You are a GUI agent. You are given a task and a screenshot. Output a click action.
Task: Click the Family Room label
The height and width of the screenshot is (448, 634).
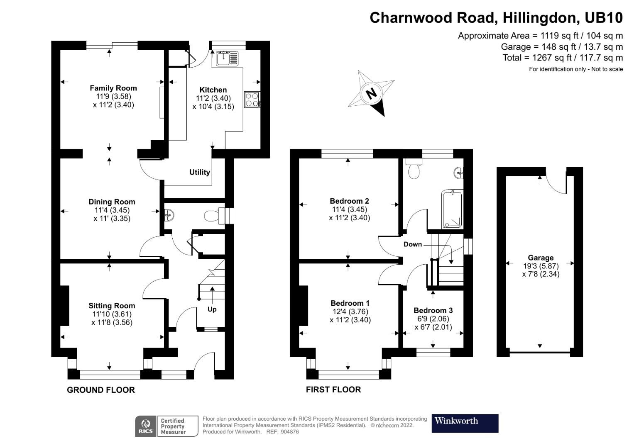(113, 88)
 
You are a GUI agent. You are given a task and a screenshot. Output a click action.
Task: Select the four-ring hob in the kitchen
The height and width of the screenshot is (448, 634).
(252, 100)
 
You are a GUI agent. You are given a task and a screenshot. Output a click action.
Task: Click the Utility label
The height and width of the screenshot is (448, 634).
(200, 172)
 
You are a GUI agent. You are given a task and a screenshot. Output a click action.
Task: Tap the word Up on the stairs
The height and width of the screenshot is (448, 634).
(212, 309)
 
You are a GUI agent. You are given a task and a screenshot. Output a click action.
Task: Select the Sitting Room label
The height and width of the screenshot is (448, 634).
(112, 306)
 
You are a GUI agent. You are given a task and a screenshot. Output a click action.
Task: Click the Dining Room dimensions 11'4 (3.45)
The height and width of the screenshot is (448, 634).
(112, 210)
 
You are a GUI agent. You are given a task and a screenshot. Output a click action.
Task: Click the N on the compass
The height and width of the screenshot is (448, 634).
(371, 93)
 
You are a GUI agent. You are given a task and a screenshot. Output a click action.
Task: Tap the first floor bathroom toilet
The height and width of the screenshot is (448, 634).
(414, 170)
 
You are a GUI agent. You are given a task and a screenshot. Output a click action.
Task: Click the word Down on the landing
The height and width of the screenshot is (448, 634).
(412, 244)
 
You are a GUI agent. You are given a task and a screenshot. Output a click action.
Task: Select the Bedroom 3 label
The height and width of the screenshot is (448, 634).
(433, 310)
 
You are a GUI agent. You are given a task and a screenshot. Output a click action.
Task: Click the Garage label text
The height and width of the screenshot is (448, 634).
(541, 258)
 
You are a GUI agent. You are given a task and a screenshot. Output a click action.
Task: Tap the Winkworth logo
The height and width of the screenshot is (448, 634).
(465, 423)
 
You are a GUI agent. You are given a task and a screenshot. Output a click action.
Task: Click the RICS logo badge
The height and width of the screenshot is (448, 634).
(146, 426)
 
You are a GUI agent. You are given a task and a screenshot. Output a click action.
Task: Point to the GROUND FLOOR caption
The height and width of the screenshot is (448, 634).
(101, 390)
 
